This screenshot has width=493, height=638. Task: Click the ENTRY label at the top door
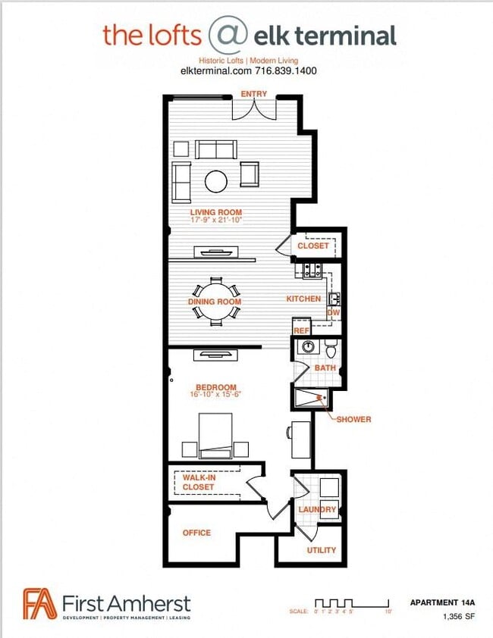pos(253,93)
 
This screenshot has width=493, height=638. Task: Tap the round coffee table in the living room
pos(216,180)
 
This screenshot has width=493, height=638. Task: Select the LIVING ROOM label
pos(215,212)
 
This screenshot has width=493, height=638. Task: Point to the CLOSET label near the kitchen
pos(313,246)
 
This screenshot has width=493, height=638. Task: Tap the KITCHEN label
pos(303,299)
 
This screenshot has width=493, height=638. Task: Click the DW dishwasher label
pos(333,312)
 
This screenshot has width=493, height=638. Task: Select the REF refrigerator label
pos(301,330)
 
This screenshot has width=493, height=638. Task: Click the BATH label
pos(325,367)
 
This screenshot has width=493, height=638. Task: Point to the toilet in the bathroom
pos(331,349)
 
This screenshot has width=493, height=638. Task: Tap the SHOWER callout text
pos(353,419)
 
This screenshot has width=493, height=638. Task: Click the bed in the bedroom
pos(215,434)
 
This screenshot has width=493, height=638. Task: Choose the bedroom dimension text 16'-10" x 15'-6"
pos(215,394)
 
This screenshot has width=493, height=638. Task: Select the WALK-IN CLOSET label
pos(198,482)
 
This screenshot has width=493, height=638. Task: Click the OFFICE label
pos(196,533)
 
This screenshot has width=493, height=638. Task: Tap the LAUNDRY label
pos(317,509)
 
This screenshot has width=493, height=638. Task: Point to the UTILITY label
pos(321,550)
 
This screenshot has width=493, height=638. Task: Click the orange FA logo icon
pos(39,604)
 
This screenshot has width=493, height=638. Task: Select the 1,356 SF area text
pos(458,617)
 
